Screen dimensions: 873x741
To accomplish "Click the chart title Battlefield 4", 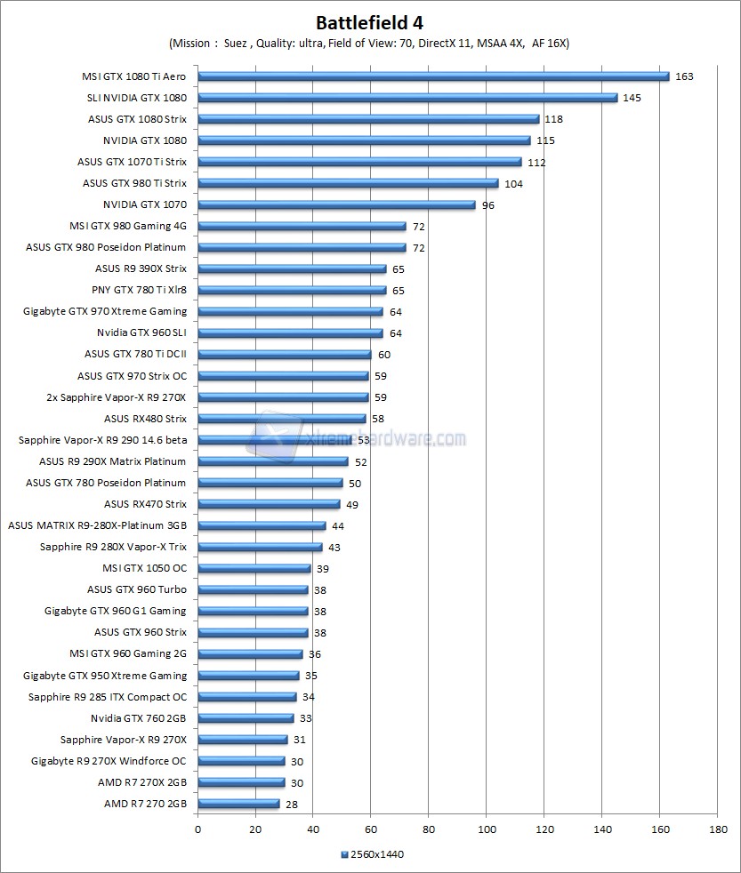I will point(370,21).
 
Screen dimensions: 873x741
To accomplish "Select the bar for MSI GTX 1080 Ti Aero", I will point(432,76).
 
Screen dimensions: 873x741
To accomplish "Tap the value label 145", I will point(632,98).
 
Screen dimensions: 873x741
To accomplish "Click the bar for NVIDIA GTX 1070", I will point(336,204).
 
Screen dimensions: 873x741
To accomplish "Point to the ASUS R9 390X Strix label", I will point(141,268).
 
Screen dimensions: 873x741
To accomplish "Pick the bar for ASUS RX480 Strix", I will point(281,419).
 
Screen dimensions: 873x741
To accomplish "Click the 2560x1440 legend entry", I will point(373,854).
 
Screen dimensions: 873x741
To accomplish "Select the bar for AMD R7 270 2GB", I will point(238,804).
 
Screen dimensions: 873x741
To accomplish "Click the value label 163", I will point(683,76).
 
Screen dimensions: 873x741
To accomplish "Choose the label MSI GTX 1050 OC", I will point(144,568).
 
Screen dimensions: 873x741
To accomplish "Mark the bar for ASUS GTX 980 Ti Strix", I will point(348,183).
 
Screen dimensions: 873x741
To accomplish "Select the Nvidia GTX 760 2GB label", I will point(138,718).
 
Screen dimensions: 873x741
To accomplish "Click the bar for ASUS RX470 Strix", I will point(268,504).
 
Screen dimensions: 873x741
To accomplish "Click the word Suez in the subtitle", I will point(236,44).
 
